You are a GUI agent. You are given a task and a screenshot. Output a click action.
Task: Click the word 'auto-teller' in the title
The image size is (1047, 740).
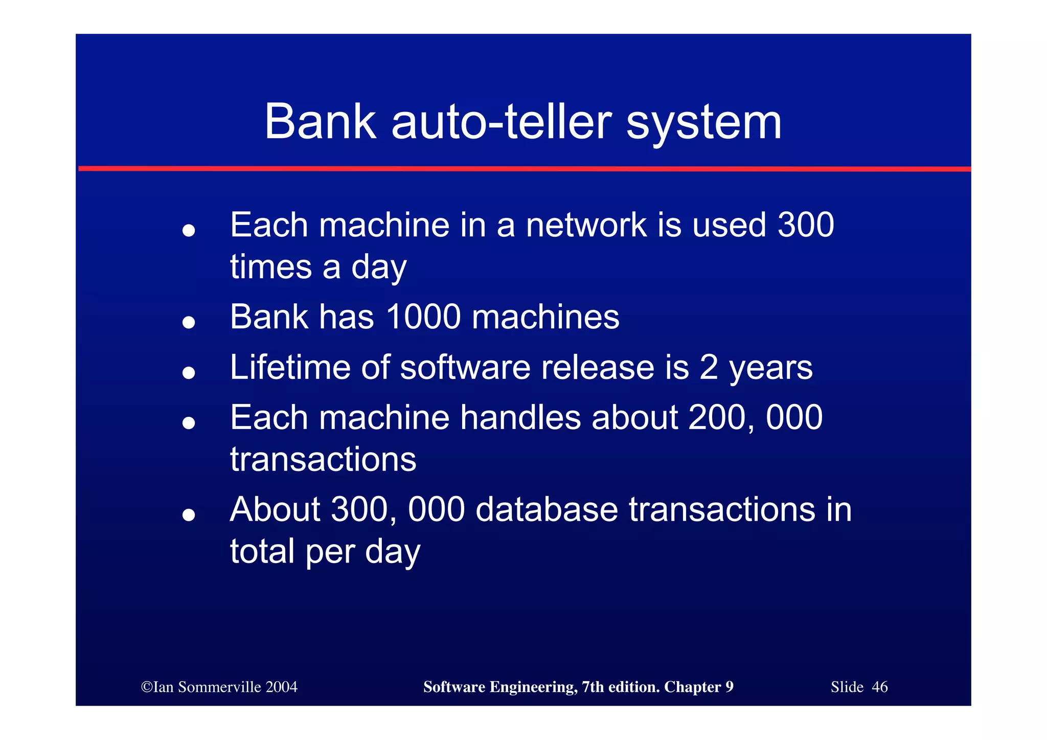tap(502, 122)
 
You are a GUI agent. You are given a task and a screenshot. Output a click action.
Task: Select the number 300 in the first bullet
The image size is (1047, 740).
tap(806, 225)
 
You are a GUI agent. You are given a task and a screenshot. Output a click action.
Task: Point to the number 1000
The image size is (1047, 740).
tap(424, 317)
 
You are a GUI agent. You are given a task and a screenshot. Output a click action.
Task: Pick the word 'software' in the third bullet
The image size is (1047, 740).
tap(465, 367)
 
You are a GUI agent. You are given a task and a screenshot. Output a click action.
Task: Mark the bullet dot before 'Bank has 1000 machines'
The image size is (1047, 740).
tap(189, 322)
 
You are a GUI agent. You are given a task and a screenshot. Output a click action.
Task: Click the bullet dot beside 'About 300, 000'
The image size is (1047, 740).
tap(189, 515)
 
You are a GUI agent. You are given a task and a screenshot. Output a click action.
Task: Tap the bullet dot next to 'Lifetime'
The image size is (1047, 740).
tap(189, 373)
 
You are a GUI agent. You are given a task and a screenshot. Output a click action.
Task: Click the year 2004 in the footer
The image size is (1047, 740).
tap(281, 687)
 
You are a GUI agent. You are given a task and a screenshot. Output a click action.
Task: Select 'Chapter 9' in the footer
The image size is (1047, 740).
tap(698, 687)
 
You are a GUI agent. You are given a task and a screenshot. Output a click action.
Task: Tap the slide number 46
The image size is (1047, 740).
tap(879, 687)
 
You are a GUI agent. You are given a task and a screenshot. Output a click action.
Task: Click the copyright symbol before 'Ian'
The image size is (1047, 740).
tap(147, 687)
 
